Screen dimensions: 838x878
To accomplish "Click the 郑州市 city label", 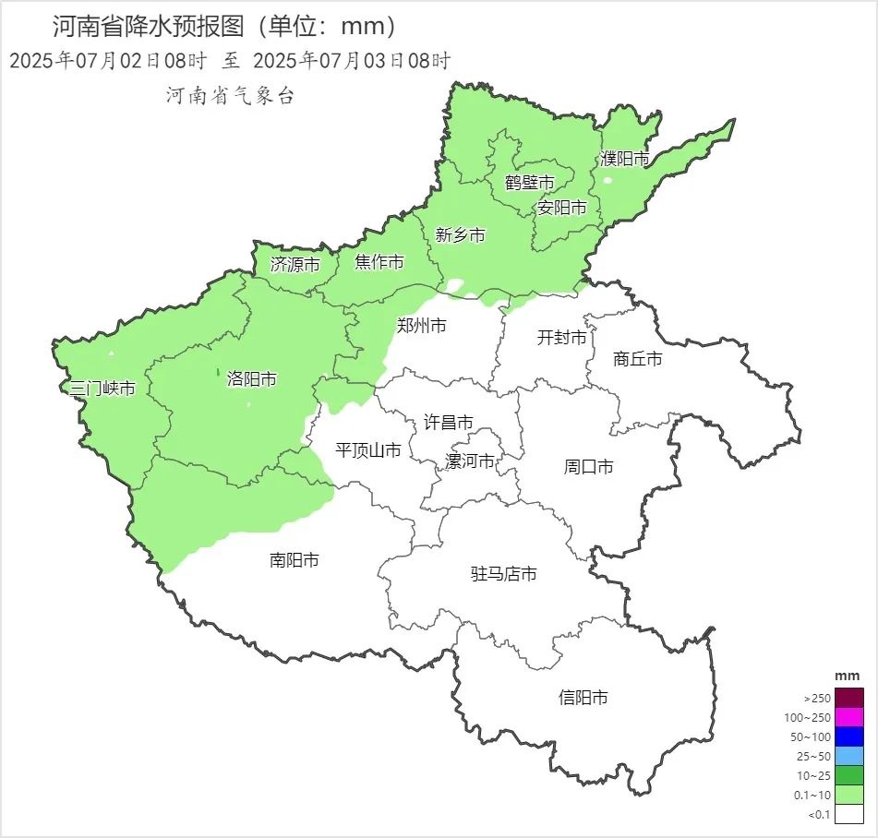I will [421, 326].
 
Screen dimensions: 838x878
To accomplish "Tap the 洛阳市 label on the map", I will [251, 379].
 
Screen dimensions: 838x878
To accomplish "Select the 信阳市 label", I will [583, 698].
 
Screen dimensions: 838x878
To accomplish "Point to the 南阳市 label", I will [295, 560].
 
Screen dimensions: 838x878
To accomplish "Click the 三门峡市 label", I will [102, 389].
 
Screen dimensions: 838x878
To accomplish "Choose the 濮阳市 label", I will [624, 159].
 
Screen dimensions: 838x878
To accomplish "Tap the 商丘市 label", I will [638, 359].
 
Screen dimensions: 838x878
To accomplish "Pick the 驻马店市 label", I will [504, 574].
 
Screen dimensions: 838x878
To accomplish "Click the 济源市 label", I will [295, 265].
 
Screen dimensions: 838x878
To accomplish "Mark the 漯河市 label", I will [470, 461].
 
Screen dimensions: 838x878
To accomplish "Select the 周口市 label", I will [588, 467].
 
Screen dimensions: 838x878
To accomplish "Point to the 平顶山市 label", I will [367, 450].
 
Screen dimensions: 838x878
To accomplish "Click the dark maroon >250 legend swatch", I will [849, 697].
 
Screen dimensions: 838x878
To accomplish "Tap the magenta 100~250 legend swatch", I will [849, 717].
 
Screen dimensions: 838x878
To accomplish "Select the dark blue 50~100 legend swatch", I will [849, 736].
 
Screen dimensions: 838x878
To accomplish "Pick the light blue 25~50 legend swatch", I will [849, 756].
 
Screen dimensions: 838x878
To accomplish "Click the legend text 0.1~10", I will [812, 795].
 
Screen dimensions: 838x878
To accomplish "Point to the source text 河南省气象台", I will [230, 95].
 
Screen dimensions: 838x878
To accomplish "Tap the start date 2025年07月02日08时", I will [108, 61].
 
